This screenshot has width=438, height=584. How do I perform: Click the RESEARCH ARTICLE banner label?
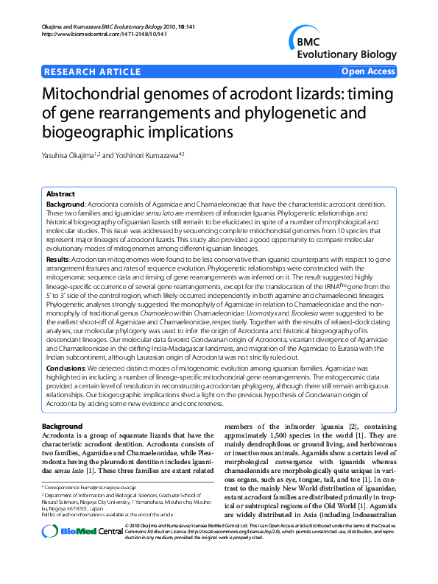click(x=93, y=71)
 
